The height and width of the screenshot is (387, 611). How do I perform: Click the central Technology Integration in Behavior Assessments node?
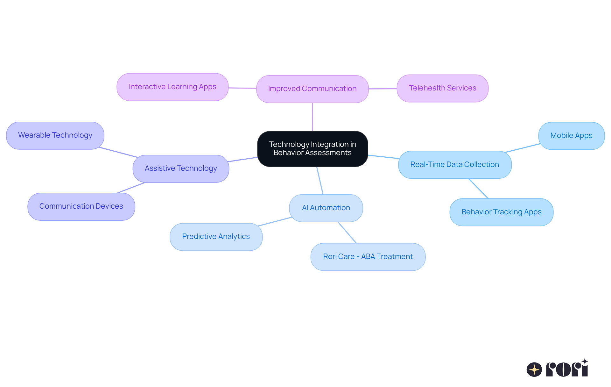pyautogui.click(x=313, y=149)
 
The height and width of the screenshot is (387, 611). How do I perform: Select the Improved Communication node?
pyautogui.click(x=312, y=89)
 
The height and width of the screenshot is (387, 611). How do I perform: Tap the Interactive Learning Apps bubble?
pyautogui.click(x=172, y=87)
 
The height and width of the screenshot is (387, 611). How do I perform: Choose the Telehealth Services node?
pyautogui.click(x=442, y=88)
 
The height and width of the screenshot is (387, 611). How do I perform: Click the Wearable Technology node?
pyautogui.click(x=55, y=135)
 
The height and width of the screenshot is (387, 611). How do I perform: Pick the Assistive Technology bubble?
pyautogui.click(x=181, y=168)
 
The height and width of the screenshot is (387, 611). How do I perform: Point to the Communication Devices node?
pyautogui.click(x=81, y=206)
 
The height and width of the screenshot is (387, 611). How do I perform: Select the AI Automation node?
pyautogui.click(x=326, y=208)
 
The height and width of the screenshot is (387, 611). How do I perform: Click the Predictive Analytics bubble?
pyautogui.click(x=216, y=237)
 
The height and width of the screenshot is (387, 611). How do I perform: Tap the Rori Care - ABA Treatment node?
pyautogui.click(x=368, y=257)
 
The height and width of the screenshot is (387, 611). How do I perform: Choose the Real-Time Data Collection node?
pyautogui.click(x=455, y=165)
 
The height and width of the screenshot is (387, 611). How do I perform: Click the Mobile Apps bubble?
pyautogui.click(x=571, y=136)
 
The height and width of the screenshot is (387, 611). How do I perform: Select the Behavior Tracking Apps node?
pyautogui.click(x=501, y=212)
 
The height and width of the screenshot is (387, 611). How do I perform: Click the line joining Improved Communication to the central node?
pyautogui.click(x=313, y=117)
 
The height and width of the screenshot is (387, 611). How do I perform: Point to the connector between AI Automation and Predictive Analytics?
pyautogui.click(x=275, y=222)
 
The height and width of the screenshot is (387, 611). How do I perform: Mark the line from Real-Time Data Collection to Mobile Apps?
pyautogui.click(x=523, y=148)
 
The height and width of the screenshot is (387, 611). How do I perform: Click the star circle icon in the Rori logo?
pyautogui.click(x=534, y=369)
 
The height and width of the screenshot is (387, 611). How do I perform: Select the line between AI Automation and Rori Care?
pyautogui.click(x=347, y=233)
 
